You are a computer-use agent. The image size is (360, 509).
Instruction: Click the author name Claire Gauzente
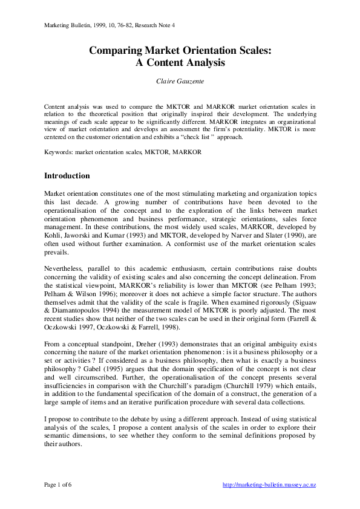coord(180,80)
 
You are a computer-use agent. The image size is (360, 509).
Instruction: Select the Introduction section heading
coord(68,176)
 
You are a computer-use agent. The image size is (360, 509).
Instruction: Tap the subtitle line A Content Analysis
coord(180,62)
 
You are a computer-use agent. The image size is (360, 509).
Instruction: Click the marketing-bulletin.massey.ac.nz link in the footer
coord(269,484)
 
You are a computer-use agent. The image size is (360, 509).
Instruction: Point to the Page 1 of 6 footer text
coord(57,484)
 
